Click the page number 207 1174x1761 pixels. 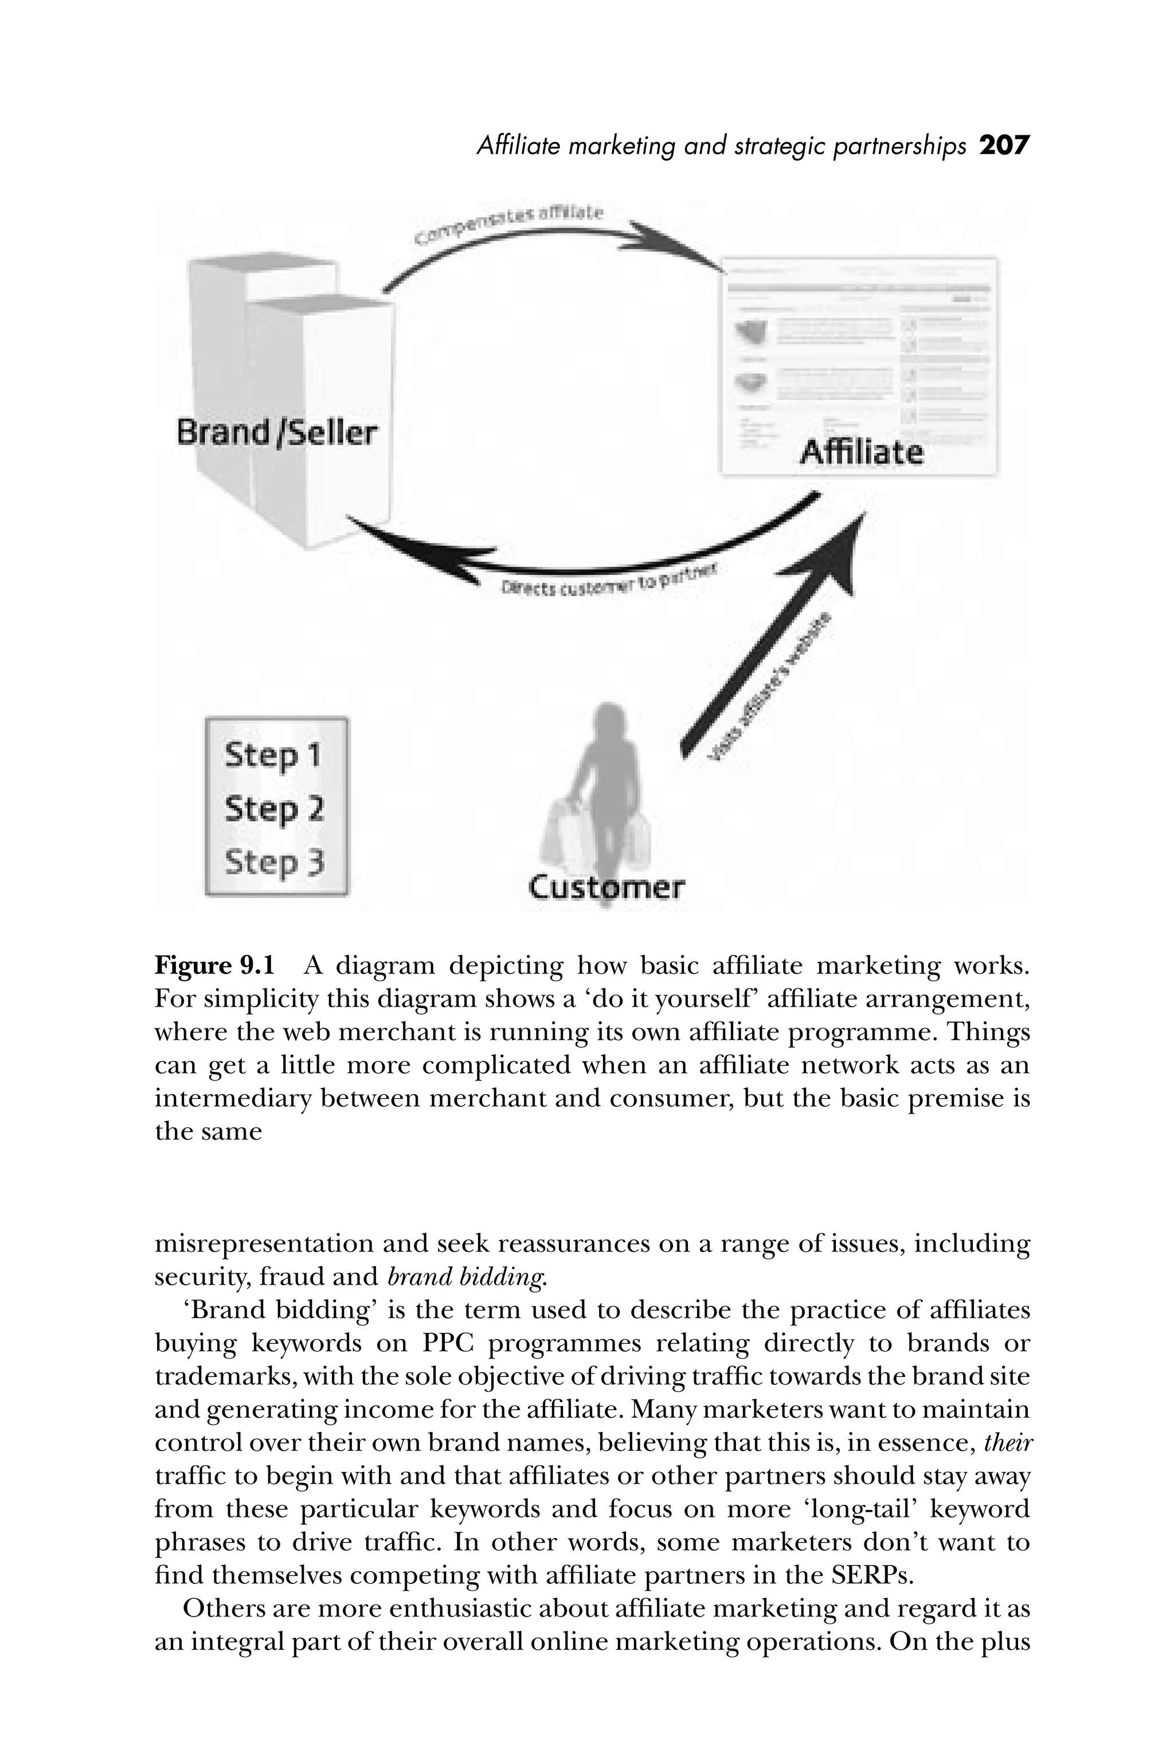click(x=1005, y=145)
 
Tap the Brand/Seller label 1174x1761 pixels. click(x=277, y=433)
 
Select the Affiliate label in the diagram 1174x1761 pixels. click(x=861, y=452)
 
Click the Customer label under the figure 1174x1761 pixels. click(x=606, y=887)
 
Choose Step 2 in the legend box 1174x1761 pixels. click(x=274, y=809)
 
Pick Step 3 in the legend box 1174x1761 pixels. click(x=274, y=862)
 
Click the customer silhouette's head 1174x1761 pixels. click(x=608, y=719)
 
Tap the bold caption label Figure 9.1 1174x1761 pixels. click(x=215, y=966)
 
